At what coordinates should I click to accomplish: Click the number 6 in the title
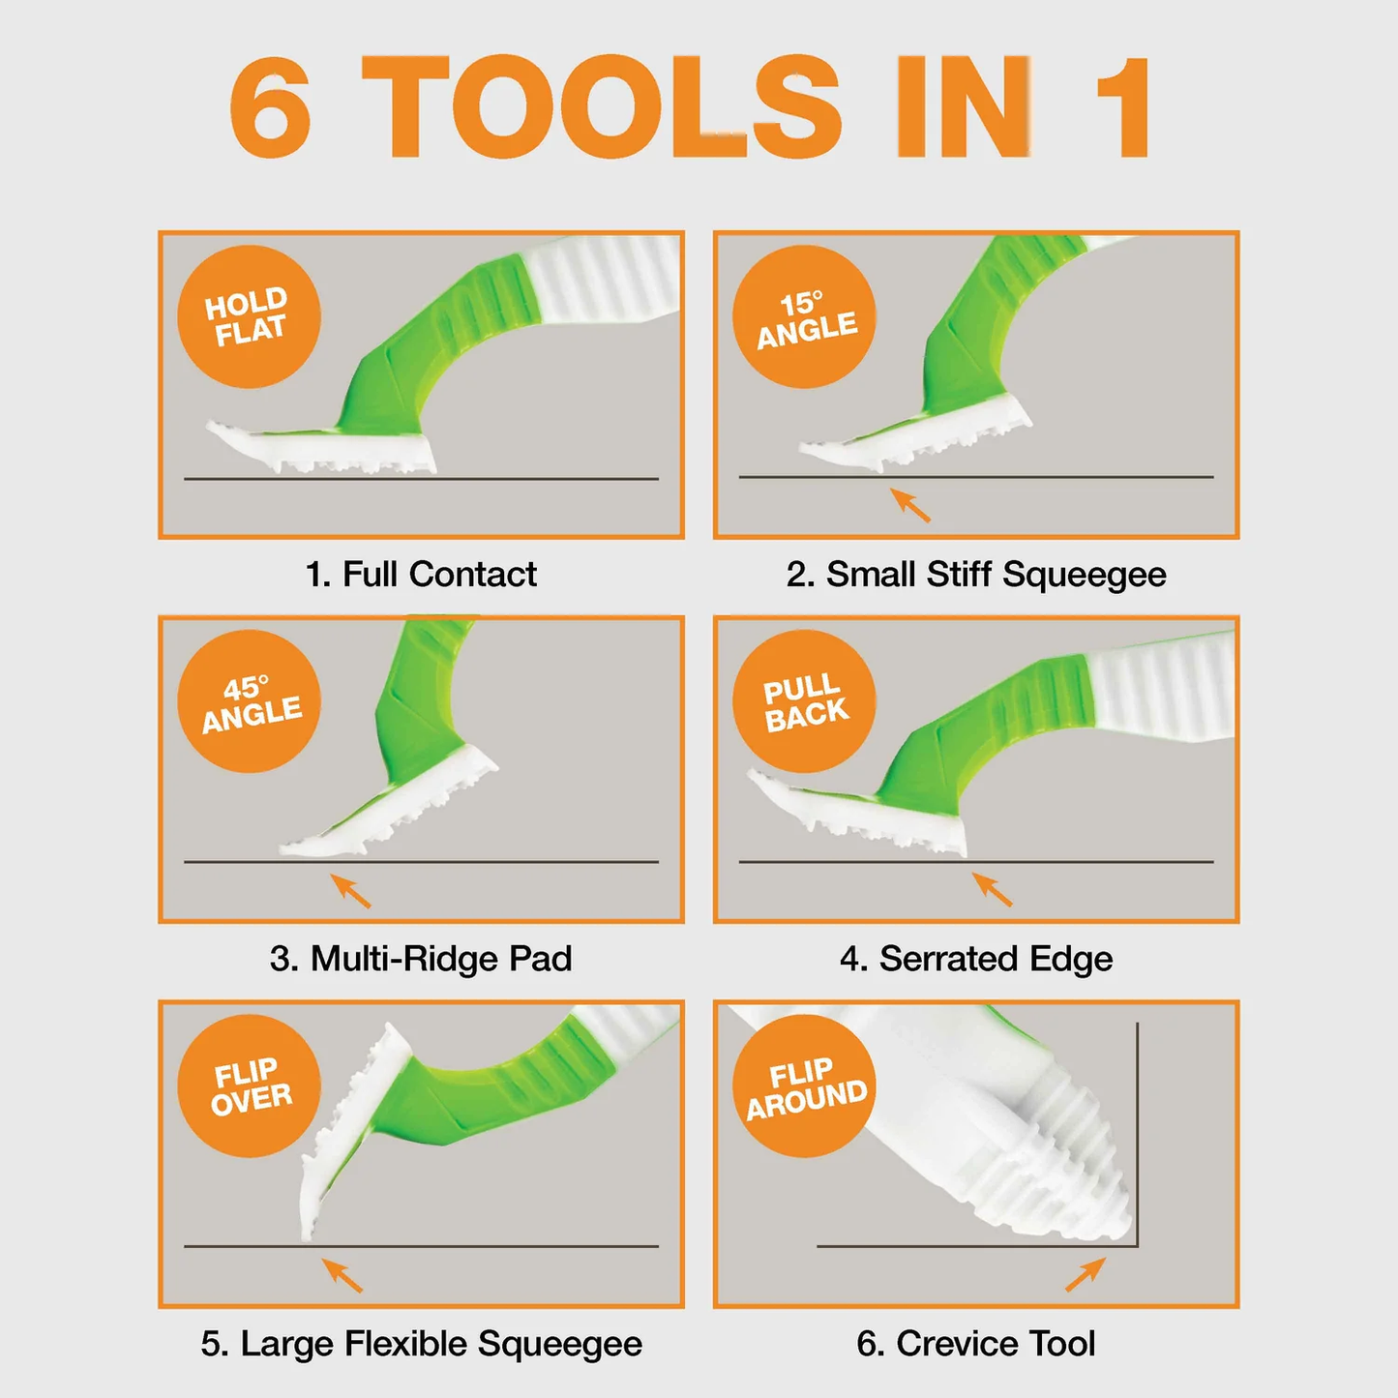270,105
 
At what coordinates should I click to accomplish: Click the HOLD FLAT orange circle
249,316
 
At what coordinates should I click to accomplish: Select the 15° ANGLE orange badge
805,316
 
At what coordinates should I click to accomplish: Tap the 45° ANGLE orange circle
249,700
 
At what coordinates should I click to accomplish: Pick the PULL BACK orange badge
805,700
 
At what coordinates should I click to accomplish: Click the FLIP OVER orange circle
249,1086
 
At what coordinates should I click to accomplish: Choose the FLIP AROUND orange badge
805,1086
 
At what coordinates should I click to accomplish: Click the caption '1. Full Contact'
421,575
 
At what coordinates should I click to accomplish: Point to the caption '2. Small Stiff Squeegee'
976,575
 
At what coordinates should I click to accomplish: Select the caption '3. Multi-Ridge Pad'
421,959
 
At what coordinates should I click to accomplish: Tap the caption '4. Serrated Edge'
976,959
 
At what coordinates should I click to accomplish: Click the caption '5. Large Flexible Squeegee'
422,1344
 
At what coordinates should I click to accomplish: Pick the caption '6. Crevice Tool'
976,1344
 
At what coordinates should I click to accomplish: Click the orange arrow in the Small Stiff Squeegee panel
910,505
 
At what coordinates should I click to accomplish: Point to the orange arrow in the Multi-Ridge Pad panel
350,890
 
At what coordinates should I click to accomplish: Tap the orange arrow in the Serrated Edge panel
992,889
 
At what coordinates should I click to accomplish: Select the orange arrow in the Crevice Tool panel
1086,1275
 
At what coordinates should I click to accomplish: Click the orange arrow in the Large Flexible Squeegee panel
342,1275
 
